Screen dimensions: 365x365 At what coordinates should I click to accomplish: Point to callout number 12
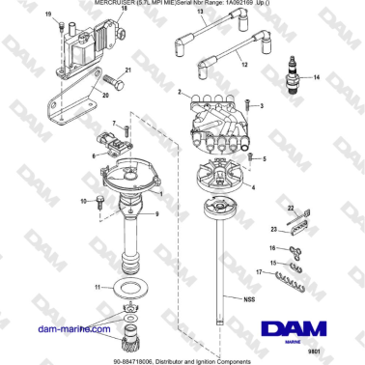pyautogui.click(x=243, y=64)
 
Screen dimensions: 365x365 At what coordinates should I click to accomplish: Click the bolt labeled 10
pyautogui.click(x=99, y=201)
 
